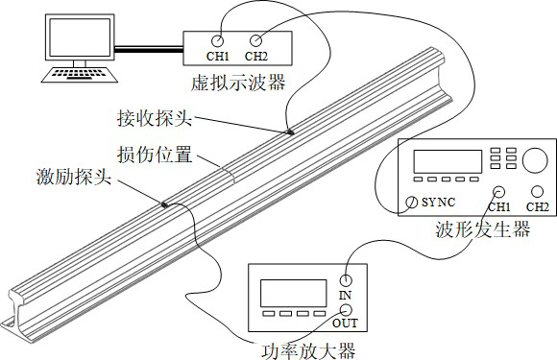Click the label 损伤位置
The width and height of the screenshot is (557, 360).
coord(149,154)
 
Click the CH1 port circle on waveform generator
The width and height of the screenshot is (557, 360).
coord(499,190)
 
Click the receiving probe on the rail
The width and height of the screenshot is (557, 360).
coord(289,132)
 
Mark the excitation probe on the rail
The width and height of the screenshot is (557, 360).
coord(165,204)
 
